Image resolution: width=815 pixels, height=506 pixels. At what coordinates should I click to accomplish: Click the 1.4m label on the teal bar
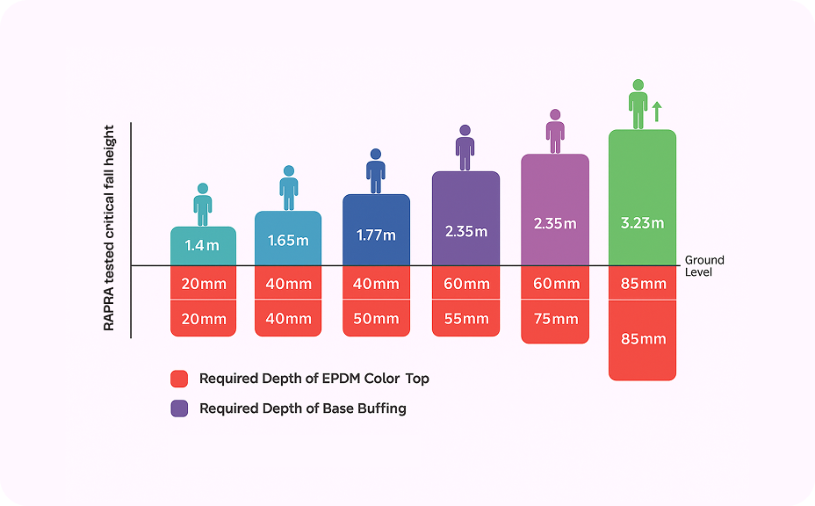coord(203,246)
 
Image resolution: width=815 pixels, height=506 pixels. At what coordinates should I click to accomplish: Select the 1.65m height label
coord(288,240)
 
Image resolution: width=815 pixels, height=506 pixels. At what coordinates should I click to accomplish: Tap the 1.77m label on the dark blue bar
coord(376,235)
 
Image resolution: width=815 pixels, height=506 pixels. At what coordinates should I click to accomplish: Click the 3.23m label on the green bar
coord(642,223)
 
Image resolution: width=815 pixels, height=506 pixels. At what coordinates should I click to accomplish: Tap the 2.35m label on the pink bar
coord(555,223)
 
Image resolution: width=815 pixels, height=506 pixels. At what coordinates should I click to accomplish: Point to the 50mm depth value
coord(376,319)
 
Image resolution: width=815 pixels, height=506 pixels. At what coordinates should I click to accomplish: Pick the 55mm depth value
coord(465,319)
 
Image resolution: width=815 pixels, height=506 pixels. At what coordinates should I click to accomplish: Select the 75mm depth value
coord(555,319)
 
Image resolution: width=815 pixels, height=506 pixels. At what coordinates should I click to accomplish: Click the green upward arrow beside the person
coord(656,111)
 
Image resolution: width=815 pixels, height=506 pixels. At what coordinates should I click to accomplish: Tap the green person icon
coord(638,104)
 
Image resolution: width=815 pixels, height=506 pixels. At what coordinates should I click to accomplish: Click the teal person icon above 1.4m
coord(203,204)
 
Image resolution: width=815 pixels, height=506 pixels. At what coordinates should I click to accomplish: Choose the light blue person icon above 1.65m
coord(288,187)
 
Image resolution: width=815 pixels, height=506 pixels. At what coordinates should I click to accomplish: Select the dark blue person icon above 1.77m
coord(376,170)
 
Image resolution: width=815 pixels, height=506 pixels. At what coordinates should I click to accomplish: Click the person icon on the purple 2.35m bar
coord(465,148)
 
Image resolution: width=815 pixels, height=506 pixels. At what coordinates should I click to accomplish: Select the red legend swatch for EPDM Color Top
coord(179,379)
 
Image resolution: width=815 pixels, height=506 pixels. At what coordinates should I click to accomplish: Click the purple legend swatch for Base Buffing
coord(179,408)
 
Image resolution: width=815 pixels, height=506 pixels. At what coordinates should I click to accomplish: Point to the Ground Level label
coord(704,266)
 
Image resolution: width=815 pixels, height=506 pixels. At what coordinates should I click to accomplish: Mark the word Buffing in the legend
coord(381,408)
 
